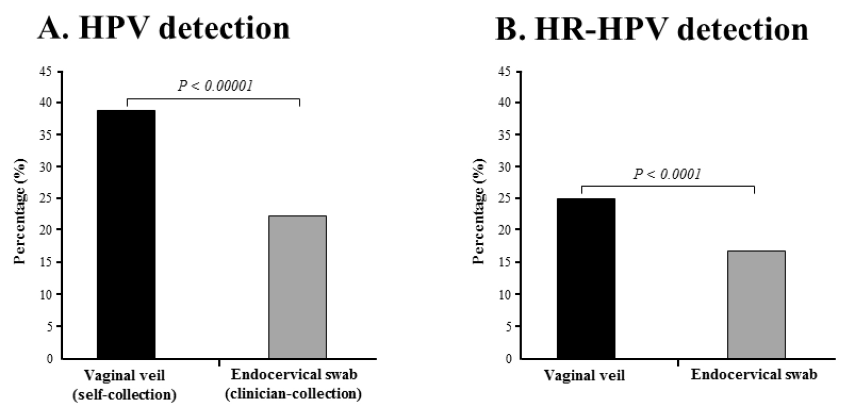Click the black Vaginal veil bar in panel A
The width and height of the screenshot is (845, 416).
coord(126,234)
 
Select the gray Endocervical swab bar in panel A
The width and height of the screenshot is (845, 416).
coord(297,287)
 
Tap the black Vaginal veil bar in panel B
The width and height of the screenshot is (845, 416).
coord(586,278)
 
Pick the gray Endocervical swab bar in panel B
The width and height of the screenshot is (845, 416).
coord(756,304)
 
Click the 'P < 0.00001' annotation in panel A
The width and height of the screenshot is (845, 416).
coord(215,86)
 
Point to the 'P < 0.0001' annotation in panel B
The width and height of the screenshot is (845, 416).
coord(667,174)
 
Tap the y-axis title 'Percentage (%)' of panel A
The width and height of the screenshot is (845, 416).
coord(20,211)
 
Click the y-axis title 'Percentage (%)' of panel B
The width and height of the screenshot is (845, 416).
coord(479,211)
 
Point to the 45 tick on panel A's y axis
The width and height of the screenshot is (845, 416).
coord(46,71)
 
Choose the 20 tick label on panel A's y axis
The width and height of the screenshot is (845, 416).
coord(46,230)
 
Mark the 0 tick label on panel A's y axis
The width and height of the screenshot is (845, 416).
coord(50,359)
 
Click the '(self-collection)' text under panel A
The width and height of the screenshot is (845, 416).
coord(124,395)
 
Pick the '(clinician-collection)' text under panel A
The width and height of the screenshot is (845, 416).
coord(293,394)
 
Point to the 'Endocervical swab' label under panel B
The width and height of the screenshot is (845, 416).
coord(754,374)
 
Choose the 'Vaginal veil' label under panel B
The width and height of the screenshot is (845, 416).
coord(584,375)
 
